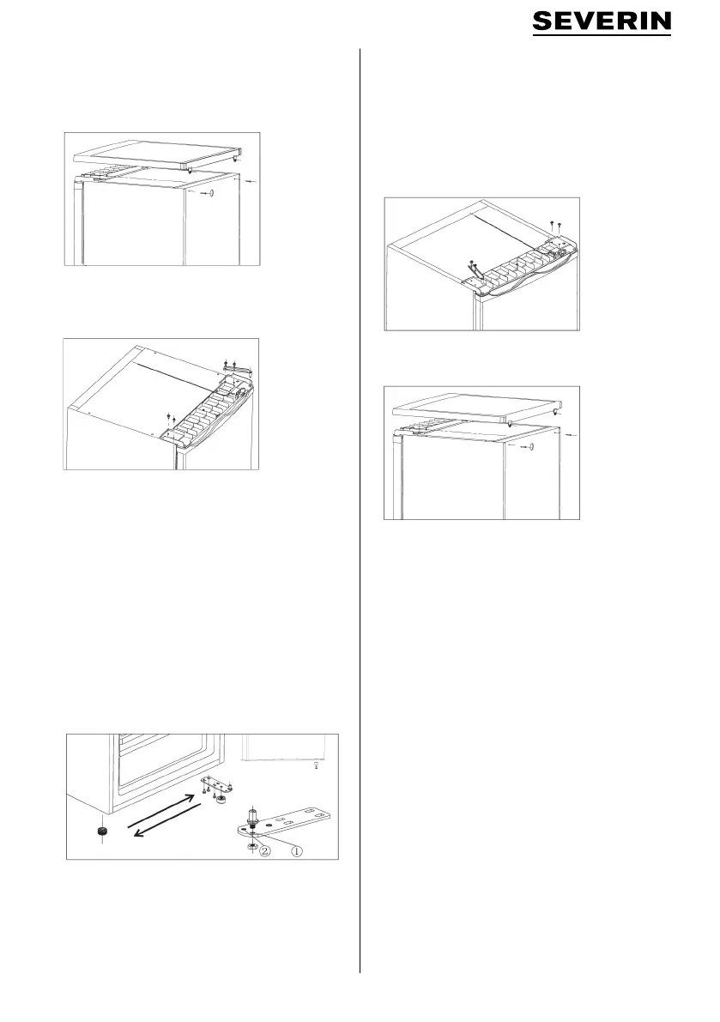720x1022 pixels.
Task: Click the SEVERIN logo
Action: point(602,22)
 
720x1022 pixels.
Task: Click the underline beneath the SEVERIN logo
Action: point(602,34)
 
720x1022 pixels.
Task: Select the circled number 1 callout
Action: point(296,851)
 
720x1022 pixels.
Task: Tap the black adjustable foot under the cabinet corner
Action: point(101,831)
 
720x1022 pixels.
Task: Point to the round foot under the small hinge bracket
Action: point(223,798)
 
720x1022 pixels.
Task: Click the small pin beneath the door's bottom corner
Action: point(316,765)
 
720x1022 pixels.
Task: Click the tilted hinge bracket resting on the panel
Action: point(474,267)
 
